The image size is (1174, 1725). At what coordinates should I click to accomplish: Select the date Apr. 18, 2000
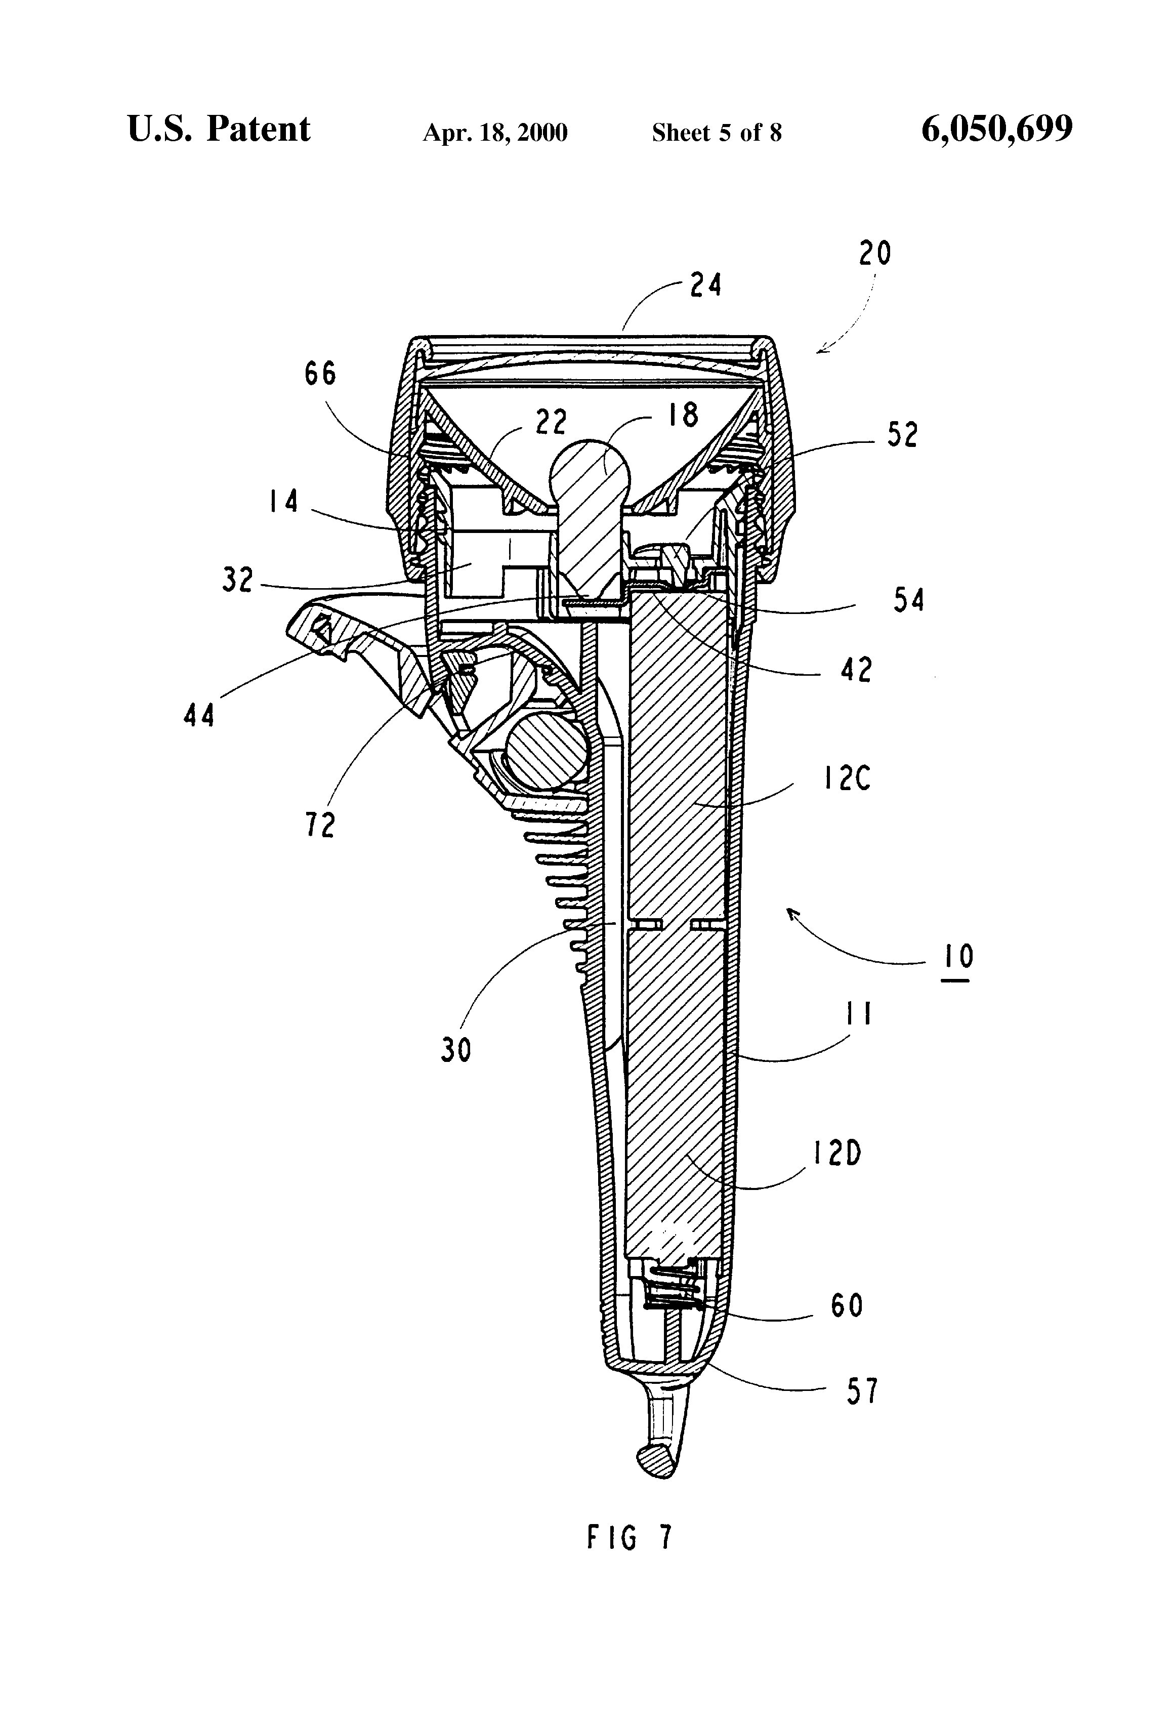tap(495, 133)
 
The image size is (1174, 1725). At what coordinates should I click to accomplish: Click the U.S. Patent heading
tap(219, 129)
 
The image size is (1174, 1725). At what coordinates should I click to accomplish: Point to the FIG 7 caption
tap(630, 1537)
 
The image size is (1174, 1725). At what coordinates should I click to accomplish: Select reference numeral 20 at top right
tap(874, 254)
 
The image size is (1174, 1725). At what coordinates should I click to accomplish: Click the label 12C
tap(846, 778)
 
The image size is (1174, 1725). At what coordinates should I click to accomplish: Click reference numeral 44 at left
tap(199, 716)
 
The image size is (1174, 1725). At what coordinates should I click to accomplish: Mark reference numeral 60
tap(846, 1305)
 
